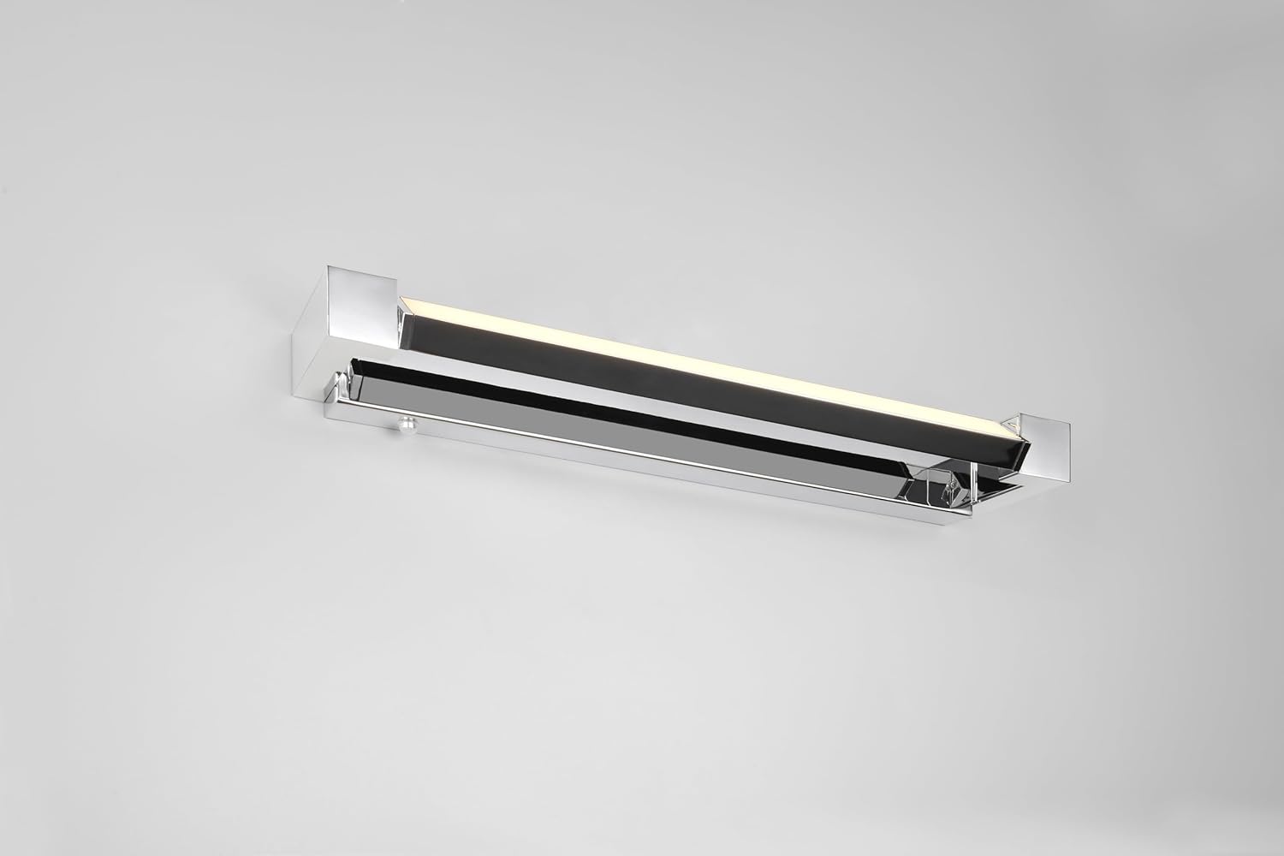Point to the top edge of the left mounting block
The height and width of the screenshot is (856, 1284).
[x=360, y=270]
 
